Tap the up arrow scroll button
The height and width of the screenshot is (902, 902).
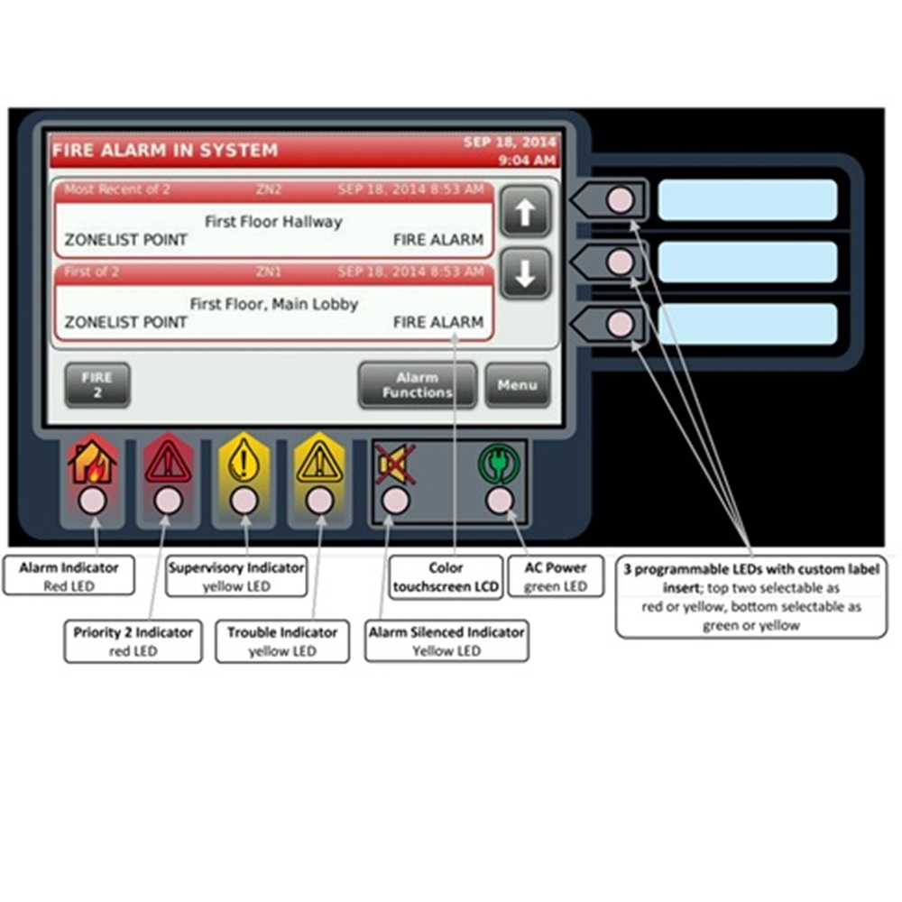(525, 213)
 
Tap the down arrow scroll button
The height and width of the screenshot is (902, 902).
(525, 272)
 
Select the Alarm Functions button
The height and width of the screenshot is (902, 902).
(417, 385)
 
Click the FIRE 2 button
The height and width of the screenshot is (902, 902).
(97, 385)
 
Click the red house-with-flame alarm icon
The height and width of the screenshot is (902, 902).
(93, 461)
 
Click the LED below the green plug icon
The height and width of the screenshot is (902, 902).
(499, 501)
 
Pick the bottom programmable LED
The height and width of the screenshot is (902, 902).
(620, 323)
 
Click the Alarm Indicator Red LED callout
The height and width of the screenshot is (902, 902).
(69, 576)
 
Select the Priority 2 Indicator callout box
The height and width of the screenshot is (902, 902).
(133, 641)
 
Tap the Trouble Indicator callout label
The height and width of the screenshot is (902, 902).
(281, 641)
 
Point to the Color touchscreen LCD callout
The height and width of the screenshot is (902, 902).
(446, 576)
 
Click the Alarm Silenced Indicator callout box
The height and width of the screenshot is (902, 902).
(446, 641)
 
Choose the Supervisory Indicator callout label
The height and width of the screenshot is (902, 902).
(236, 576)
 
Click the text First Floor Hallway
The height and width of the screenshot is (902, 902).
(273, 221)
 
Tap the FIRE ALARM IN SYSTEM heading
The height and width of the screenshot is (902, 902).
(165, 151)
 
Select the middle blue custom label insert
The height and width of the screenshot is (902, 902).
(747, 262)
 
